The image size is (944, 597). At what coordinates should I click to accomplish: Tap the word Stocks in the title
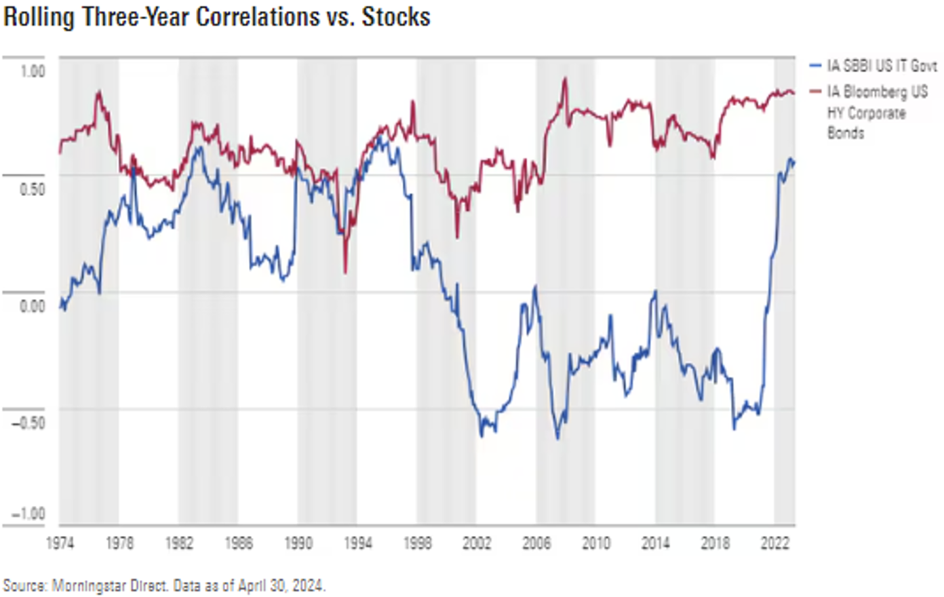point(395,16)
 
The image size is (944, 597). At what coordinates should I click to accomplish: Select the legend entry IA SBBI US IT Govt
point(882,66)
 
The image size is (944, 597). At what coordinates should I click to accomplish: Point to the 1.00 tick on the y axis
point(32,71)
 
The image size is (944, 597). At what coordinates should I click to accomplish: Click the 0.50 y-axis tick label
point(32,189)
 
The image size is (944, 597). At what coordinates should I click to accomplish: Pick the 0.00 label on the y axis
point(32,307)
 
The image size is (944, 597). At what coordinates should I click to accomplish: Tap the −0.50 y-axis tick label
point(28,423)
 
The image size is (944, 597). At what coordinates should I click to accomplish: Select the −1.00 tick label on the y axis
point(28,514)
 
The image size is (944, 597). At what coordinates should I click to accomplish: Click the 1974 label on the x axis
point(60,543)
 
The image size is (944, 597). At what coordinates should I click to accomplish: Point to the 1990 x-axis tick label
point(298,543)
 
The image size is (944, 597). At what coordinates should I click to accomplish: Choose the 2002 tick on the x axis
point(477,543)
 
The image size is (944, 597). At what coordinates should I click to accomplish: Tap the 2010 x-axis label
point(596,543)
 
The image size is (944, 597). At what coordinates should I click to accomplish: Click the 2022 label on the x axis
point(774,543)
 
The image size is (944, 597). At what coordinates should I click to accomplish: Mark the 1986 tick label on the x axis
point(238,543)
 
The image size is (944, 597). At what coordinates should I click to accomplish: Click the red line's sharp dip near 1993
point(345,272)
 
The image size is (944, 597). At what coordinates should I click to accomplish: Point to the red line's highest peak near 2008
point(565,79)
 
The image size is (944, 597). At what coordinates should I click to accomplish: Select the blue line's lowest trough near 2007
point(558,438)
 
